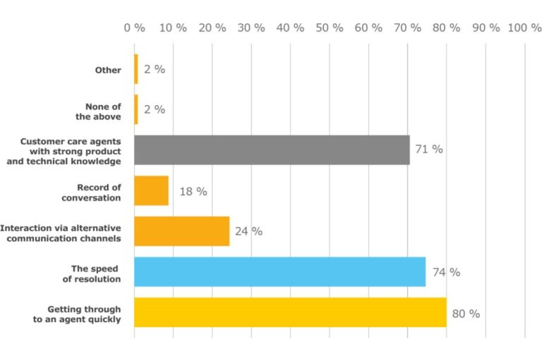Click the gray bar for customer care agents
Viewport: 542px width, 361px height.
pyautogui.click(x=272, y=149)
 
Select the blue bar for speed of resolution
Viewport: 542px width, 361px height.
pyautogui.click(x=280, y=271)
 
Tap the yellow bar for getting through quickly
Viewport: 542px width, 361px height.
pyautogui.click(x=290, y=312)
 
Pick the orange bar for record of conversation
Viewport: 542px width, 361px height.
pyautogui.click(x=151, y=190)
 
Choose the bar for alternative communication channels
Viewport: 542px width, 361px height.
pyautogui.click(x=181, y=231)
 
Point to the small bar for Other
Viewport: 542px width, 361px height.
pyautogui.click(x=136, y=69)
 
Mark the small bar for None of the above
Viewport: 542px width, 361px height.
pyautogui.click(x=136, y=109)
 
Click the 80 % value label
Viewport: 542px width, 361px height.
pyautogui.click(x=466, y=314)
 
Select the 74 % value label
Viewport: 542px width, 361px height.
pyautogui.click(x=446, y=273)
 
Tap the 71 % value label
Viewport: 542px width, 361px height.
pyautogui.click(x=429, y=149)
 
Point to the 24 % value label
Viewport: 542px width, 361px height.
pyautogui.click(x=248, y=231)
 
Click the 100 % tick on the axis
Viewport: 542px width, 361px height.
pyautogui.click(x=524, y=27)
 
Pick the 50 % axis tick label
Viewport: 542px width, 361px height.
pyautogui.click(x=330, y=27)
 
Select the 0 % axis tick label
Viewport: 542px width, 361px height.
pyautogui.click(x=135, y=27)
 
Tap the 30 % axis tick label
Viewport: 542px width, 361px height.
pyautogui.click(x=251, y=27)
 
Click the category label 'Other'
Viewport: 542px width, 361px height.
pyautogui.click(x=108, y=70)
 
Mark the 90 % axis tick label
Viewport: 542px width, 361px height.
pyautogui.click(x=486, y=27)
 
